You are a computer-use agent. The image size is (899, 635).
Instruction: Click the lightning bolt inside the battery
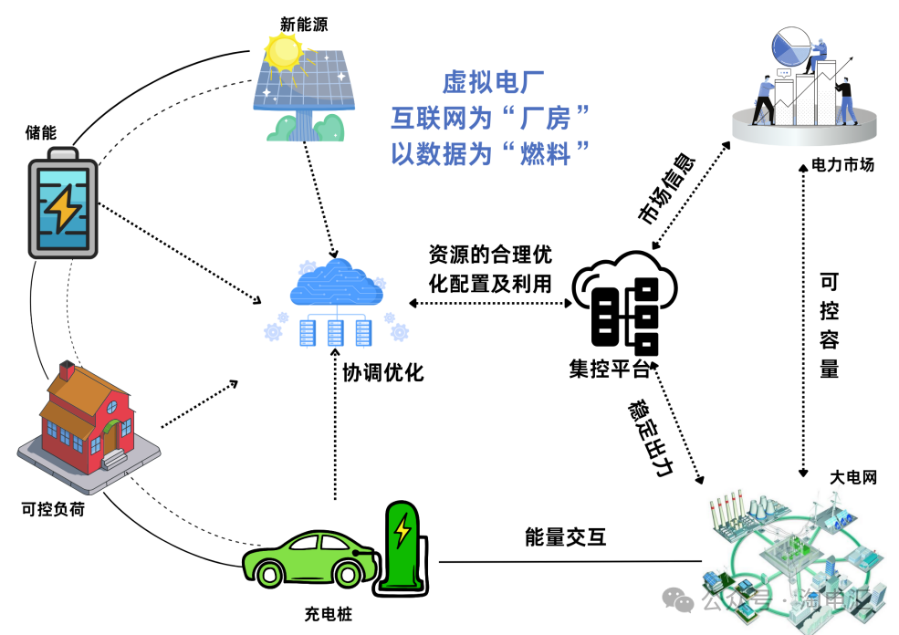tap(63, 209)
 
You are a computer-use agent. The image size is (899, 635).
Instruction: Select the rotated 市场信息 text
tap(667, 187)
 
